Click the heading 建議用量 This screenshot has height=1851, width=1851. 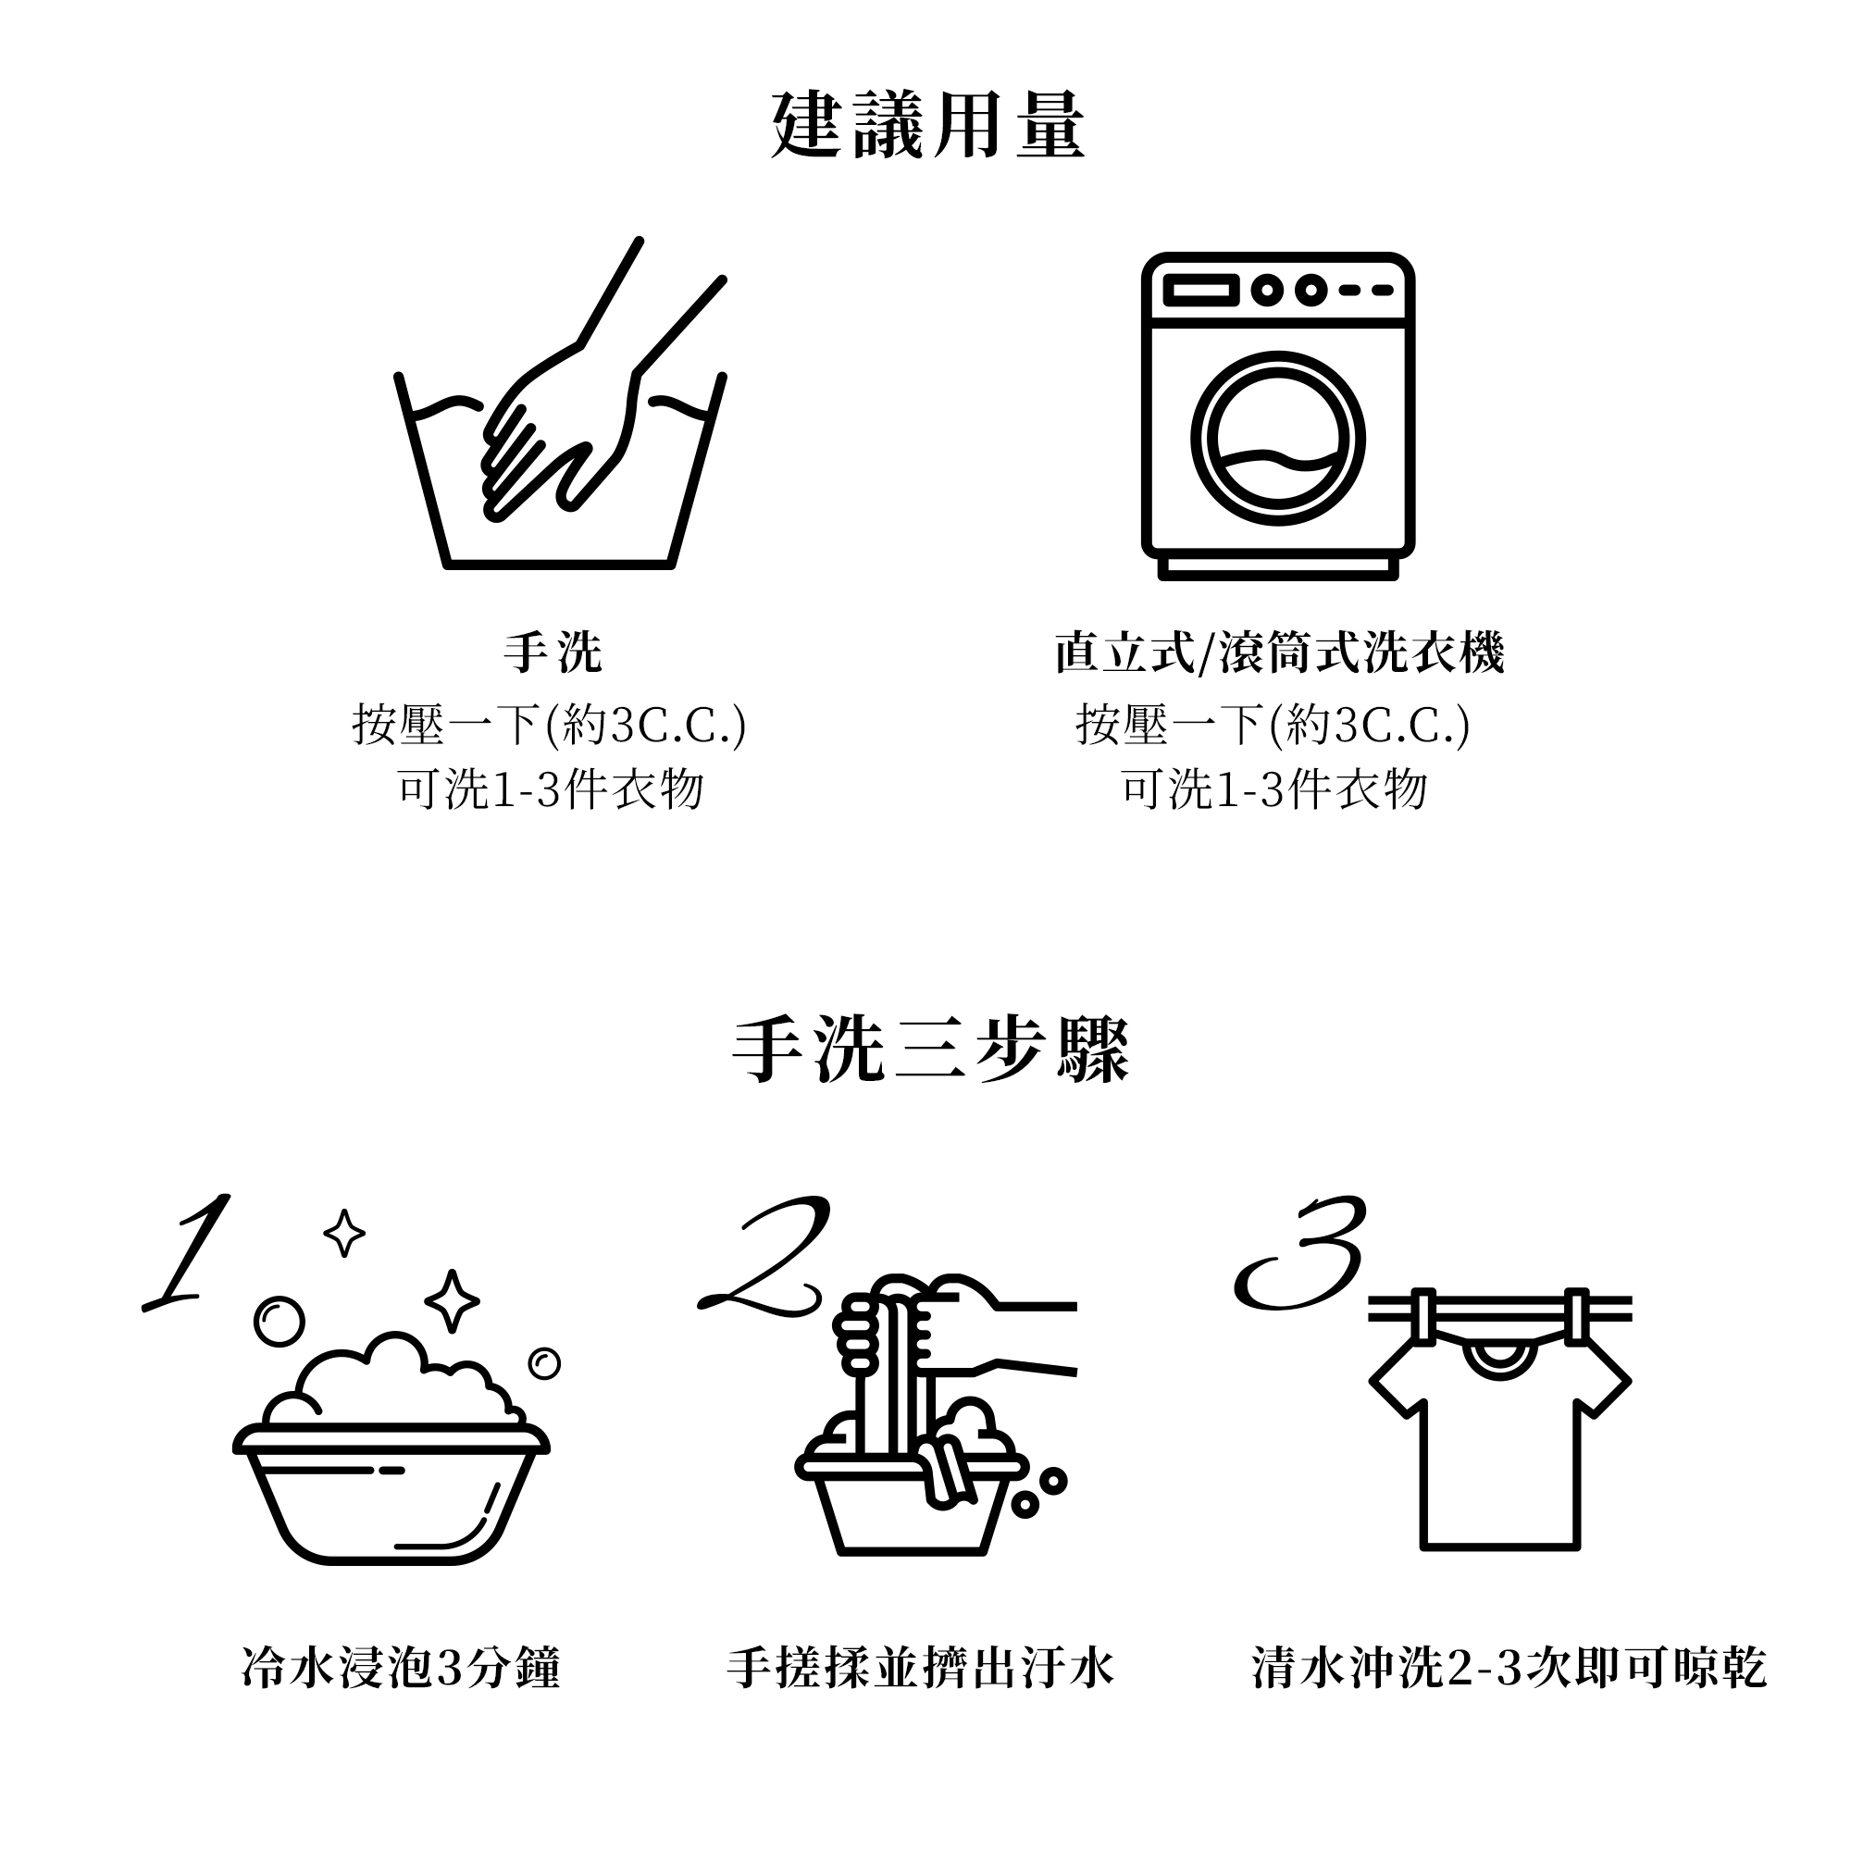pos(926,126)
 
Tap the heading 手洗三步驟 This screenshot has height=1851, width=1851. pos(930,1050)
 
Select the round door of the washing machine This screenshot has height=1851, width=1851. pos(1277,439)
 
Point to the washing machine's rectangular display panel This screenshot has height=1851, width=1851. pos(1200,291)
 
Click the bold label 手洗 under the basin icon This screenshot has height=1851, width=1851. pos(553,652)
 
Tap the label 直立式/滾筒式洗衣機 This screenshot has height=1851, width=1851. pos(1279,652)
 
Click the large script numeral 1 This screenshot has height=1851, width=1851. pos(188,1251)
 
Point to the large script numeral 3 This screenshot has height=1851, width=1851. pos(1300,1251)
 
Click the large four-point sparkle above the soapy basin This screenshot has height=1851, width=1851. pos(452,1301)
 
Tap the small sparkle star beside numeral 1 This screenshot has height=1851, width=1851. pos(344,1232)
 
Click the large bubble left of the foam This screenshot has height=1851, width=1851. pos(279,1323)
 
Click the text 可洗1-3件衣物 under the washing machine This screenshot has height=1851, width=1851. pos(1274,789)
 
